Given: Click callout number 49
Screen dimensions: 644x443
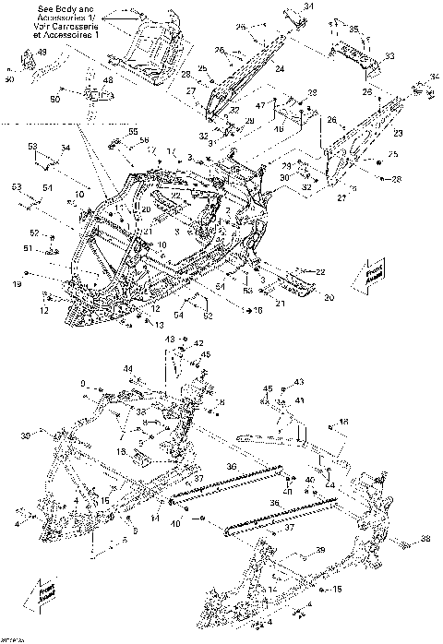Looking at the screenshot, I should [41, 54].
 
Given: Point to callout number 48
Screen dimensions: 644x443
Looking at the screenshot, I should [108, 80].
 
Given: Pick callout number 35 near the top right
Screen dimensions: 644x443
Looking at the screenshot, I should [353, 31].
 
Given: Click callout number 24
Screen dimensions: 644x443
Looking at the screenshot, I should [279, 68].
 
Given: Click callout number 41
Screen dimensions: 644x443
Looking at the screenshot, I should [301, 400].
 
